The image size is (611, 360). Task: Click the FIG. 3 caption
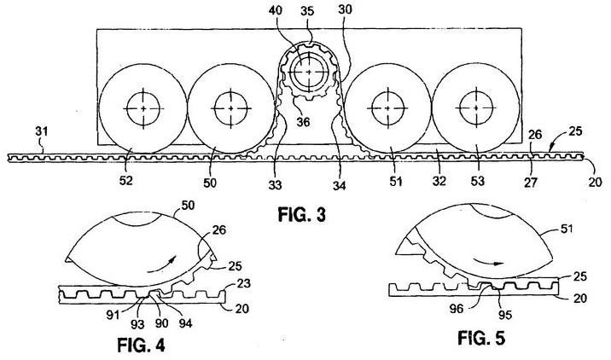coord(301,215)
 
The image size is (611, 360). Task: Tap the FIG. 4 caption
coord(141,345)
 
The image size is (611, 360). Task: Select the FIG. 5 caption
coord(481,338)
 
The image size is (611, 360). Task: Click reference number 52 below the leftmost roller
coord(126,180)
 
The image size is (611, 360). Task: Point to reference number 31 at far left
coord(41,131)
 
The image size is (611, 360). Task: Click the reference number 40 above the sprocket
coord(276,11)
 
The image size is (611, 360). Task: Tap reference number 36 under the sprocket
coord(303,122)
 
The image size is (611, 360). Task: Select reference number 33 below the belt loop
coord(275,185)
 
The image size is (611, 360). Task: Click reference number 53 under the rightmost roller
coord(478,181)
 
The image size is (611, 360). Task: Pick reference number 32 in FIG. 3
coord(439,181)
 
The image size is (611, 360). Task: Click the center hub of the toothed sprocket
coord(309,72)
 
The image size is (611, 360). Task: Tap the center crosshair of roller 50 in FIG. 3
coord(231,108)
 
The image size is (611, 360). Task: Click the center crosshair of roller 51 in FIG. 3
coord(387,108)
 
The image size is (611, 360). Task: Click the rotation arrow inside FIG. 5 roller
coord(486,263)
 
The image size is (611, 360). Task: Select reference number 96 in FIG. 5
coord(456,309)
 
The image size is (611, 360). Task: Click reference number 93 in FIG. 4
coord(137,324)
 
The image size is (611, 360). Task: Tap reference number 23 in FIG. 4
coord(243,283)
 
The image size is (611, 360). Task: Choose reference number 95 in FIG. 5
coord(504,315)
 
